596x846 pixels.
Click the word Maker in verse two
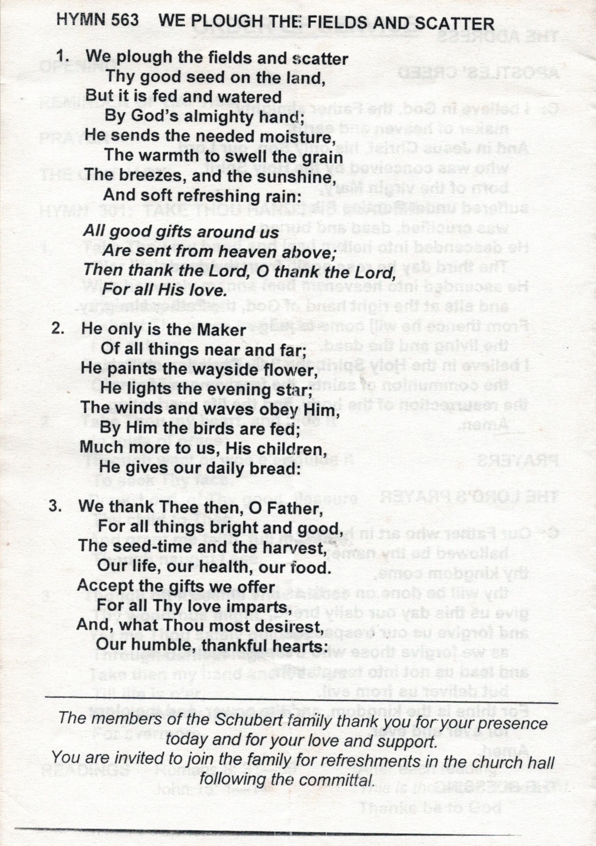click(x=221, y=330)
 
